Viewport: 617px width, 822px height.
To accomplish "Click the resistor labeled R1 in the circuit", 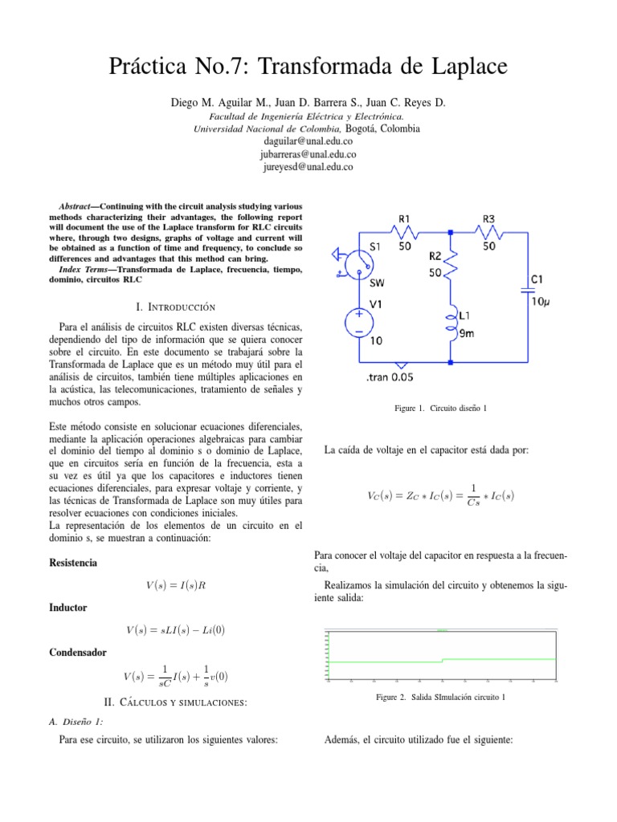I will [405, 233].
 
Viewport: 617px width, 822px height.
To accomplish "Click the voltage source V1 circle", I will [358, 322].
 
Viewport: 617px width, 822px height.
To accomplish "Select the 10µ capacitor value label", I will [539, 303].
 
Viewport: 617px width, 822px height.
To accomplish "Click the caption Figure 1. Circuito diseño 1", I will [440, 409].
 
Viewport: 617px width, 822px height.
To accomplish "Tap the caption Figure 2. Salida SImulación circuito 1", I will [440, 698].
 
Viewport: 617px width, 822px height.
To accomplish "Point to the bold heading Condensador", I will [79, 653].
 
